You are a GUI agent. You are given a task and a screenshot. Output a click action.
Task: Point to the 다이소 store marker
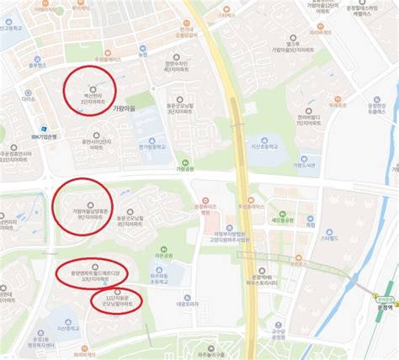[x=29, y=99]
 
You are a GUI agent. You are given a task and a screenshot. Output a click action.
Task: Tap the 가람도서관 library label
[x=304, y=165]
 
